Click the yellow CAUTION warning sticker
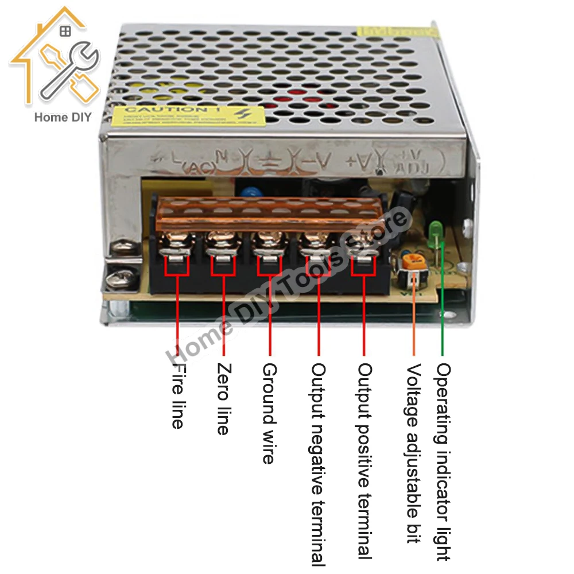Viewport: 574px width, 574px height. [179, 114]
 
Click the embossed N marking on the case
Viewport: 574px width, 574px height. [222, 157]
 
